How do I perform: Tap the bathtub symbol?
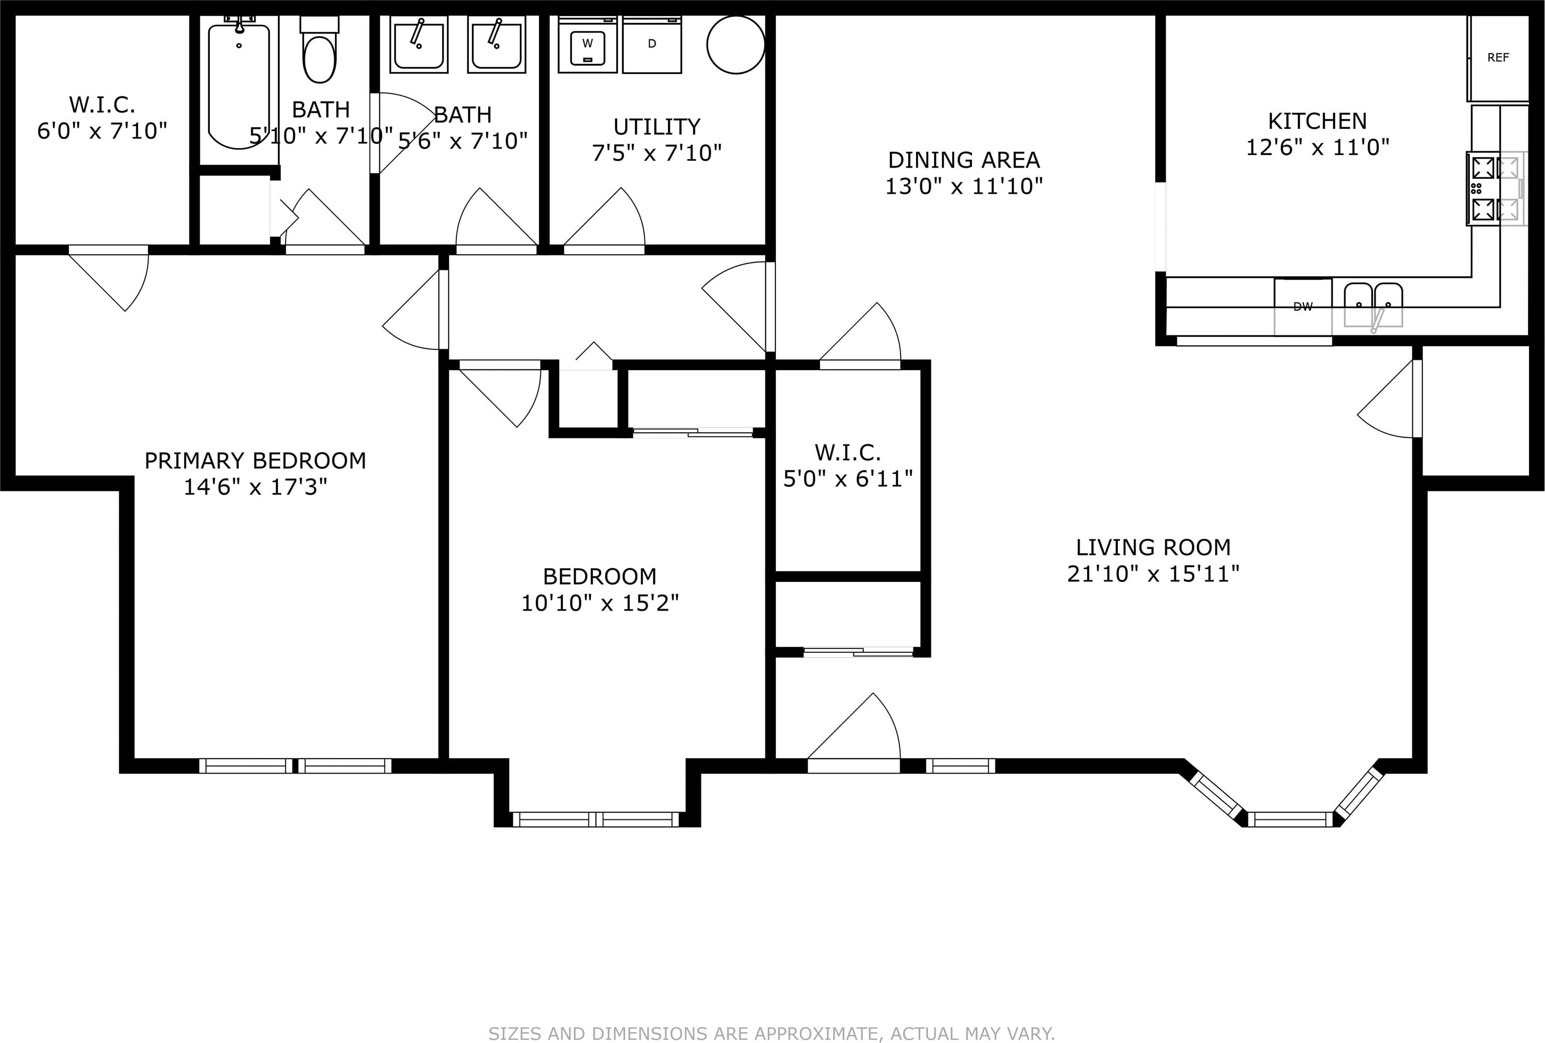tap(239, 83)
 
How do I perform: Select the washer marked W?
tap(587, 45)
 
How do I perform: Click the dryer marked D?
tap(651, 45)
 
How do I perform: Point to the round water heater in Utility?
tap(735, 45)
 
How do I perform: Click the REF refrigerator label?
tap(1498, 58)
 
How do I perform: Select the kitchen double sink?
tap(1374, 305)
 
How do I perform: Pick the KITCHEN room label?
tap(1317, 121)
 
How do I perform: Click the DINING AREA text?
tap(964, 160)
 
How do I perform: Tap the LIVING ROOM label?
tap(1154, 547)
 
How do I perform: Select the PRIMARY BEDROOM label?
tap(255, 461)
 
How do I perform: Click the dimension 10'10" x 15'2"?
tap(600, 603)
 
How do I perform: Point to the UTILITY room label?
tap(657, 126)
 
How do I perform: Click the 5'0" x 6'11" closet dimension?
tap(848, 479)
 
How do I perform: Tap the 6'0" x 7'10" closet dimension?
tap(102, 131)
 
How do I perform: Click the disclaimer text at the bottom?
tap(772, 1034)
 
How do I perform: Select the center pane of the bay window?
tap(1290, 819)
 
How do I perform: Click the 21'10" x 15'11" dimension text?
tap(1154, 574)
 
